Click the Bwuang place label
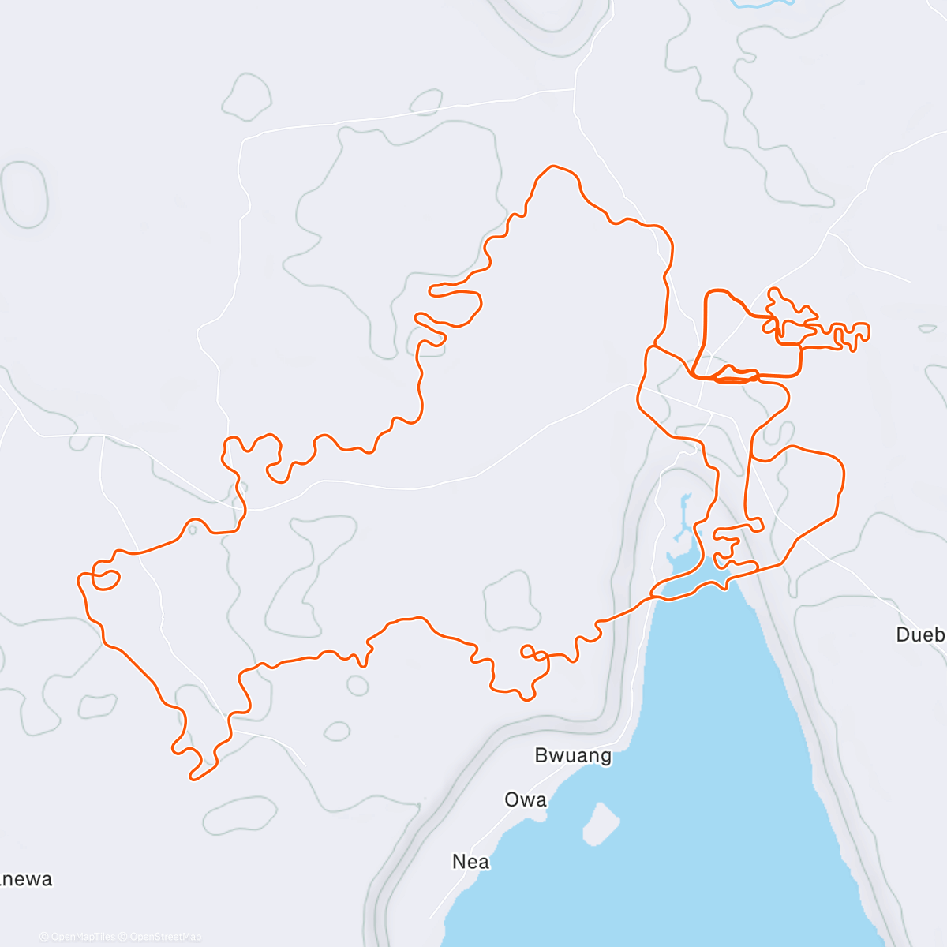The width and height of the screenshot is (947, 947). [x=573, y=755]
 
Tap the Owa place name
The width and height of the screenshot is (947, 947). [x=526, y=799]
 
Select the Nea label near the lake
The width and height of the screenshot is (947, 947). [x=471, y=862]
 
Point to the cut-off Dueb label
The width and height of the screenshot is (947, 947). [x=920, y=634]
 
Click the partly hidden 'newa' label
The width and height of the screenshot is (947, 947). [x=27, y=879]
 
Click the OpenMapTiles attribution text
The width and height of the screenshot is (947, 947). [x=83, y=937]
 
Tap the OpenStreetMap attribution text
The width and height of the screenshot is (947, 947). [x=165, y=937]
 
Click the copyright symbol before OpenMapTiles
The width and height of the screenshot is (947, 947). [x=44, y=937]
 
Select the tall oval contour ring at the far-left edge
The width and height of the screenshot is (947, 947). [x=24, y=194]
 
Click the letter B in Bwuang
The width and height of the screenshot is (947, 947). [x=542, y=755]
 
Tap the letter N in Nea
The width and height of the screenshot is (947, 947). [x=459, y=862]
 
